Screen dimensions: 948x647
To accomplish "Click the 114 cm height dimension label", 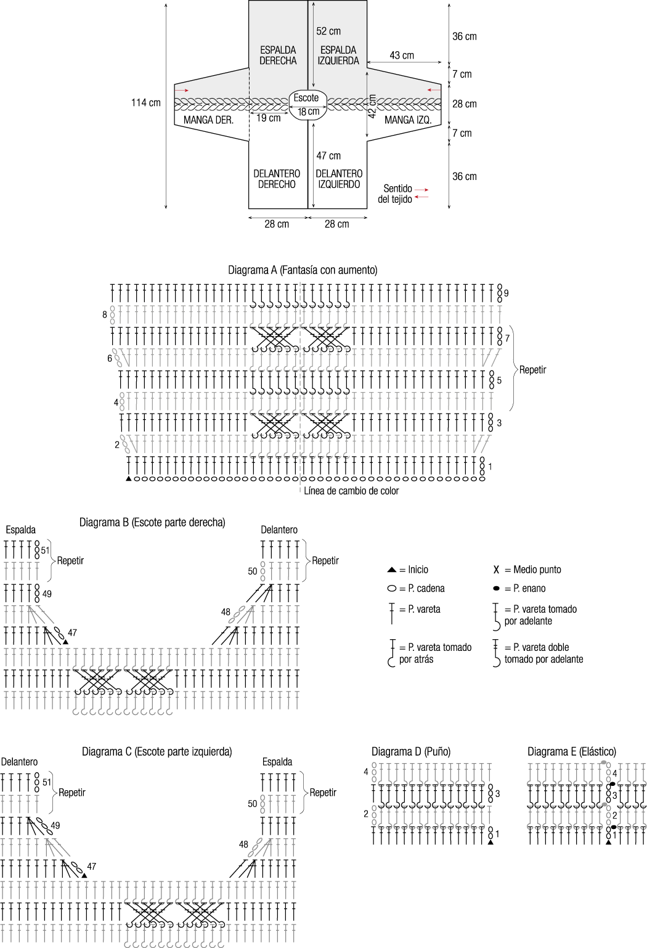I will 145,103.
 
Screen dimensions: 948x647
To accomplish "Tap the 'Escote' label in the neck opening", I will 306,98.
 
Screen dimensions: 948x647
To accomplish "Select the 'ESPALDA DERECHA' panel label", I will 278,55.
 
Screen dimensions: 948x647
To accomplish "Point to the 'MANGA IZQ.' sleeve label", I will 408,120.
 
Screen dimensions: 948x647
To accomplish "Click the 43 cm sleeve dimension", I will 402,55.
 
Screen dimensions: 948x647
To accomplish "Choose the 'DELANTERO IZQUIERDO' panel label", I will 338,179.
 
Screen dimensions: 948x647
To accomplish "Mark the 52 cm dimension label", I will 328,31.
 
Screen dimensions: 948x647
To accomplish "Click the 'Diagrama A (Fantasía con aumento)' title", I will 303,270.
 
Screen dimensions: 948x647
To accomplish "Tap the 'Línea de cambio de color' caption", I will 351,491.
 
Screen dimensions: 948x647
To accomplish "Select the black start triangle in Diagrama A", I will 128,478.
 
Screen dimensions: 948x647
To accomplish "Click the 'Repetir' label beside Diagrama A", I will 532,370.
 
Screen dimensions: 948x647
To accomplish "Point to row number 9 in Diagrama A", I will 506,293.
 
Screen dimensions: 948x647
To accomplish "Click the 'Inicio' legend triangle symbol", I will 392,570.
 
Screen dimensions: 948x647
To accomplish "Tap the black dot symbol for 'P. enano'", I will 496,589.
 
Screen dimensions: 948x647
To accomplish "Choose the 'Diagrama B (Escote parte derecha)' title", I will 152,523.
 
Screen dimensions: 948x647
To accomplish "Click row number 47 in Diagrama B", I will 73,633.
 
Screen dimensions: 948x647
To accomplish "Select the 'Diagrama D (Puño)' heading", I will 411,751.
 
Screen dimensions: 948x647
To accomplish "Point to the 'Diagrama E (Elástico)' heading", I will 571,751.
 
